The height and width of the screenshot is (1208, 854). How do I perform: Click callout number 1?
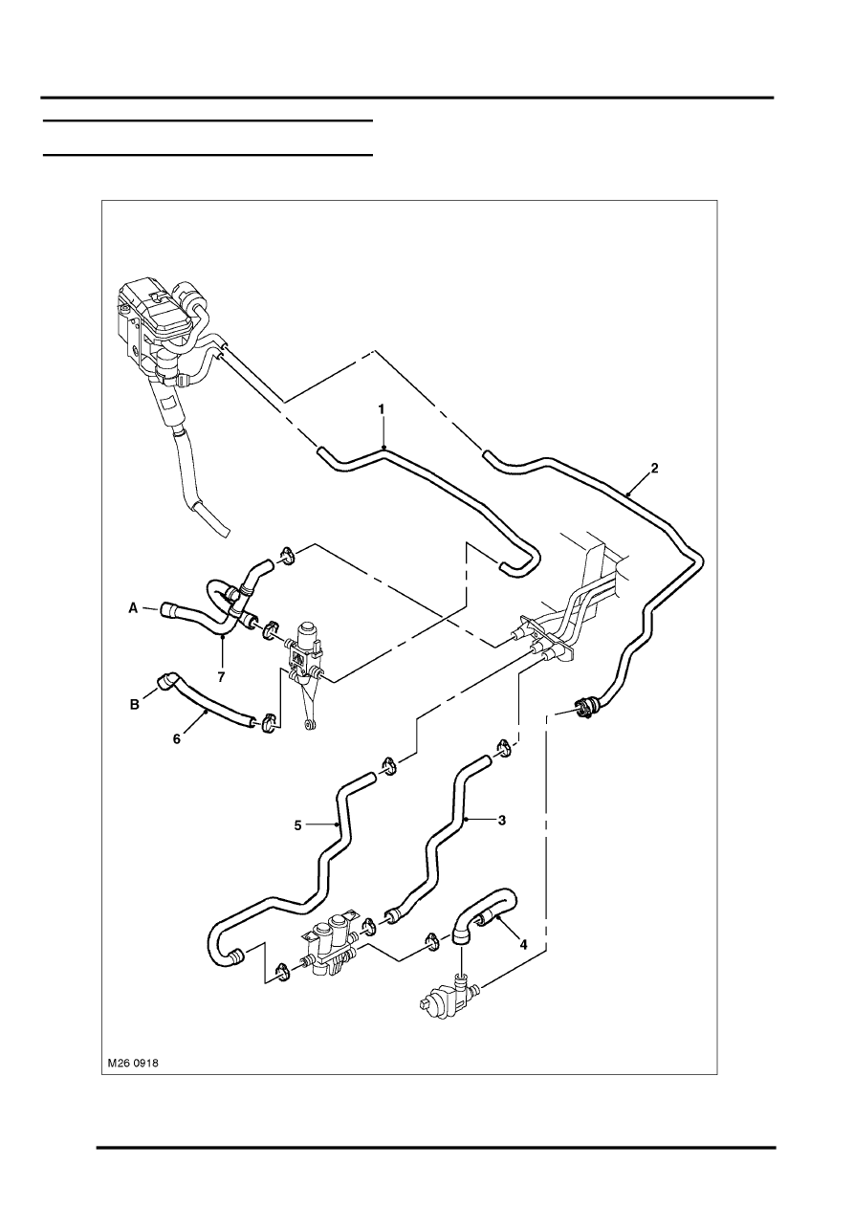[382, 409]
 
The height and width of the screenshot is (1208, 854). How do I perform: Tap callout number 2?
[654, 468]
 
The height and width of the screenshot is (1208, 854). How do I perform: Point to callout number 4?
[523, 944]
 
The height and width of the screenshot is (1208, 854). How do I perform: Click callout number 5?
[297, 841]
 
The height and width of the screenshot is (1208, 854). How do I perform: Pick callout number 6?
[177, 738]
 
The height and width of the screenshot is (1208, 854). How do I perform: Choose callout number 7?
[221, 677]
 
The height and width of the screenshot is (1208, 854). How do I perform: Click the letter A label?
[133, 608]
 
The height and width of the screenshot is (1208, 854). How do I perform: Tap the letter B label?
[134, 704]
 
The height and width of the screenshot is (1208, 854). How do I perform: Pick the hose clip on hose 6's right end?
[268, 723]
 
